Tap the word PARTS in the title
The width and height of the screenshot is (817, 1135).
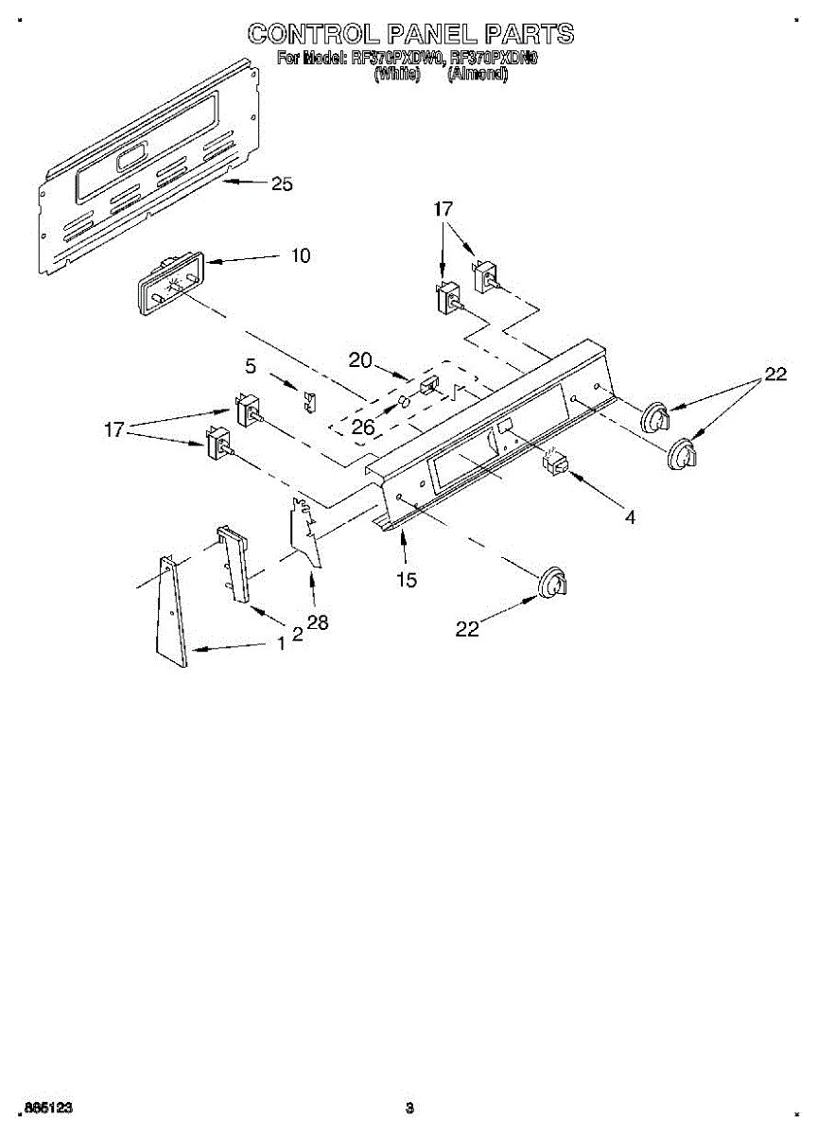pyautogui.click(x=524, y=34)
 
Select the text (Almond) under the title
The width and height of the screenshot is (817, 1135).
pyautogui.click(x=478, y=75)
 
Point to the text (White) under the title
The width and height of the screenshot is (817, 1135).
pyautogui.click(x=397, y=75)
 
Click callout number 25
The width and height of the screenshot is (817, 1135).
pyautogui.click(x=282, y=184)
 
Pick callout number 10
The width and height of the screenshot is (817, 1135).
pyautogui.click(x=301, y=255)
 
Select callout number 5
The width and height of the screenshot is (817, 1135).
pyautogui.click(x=251, y=365)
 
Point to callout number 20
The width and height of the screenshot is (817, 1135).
pyautogui.click(x=360, y=359)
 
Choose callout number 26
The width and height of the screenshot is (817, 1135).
pyautogui.click(x=362, y=428)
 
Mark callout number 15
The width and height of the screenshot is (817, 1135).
pyautogui.click(x=407, y=580)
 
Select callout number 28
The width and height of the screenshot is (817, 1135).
pyautogui.click(x=317, y=623)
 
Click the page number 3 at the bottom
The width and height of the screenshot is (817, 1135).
pyautogui.click(x=408, y=1107)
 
